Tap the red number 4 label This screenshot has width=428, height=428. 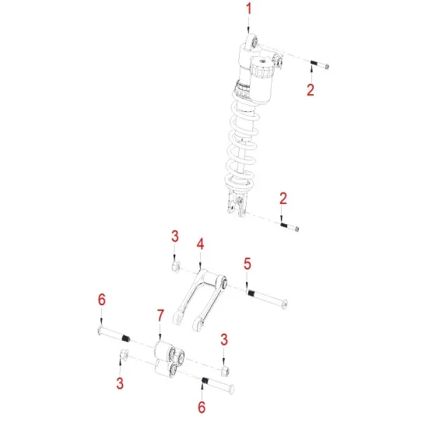click(200, 244)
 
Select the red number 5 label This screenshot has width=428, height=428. click(247, 264)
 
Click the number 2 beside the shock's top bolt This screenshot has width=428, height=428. click(310, 89)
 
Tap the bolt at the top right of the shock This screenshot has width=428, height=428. click(318, 65)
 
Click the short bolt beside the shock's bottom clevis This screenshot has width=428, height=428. click(289, 226)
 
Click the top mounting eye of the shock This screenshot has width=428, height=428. click(251, 40)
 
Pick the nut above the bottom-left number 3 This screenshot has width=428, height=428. click(122, 356)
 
